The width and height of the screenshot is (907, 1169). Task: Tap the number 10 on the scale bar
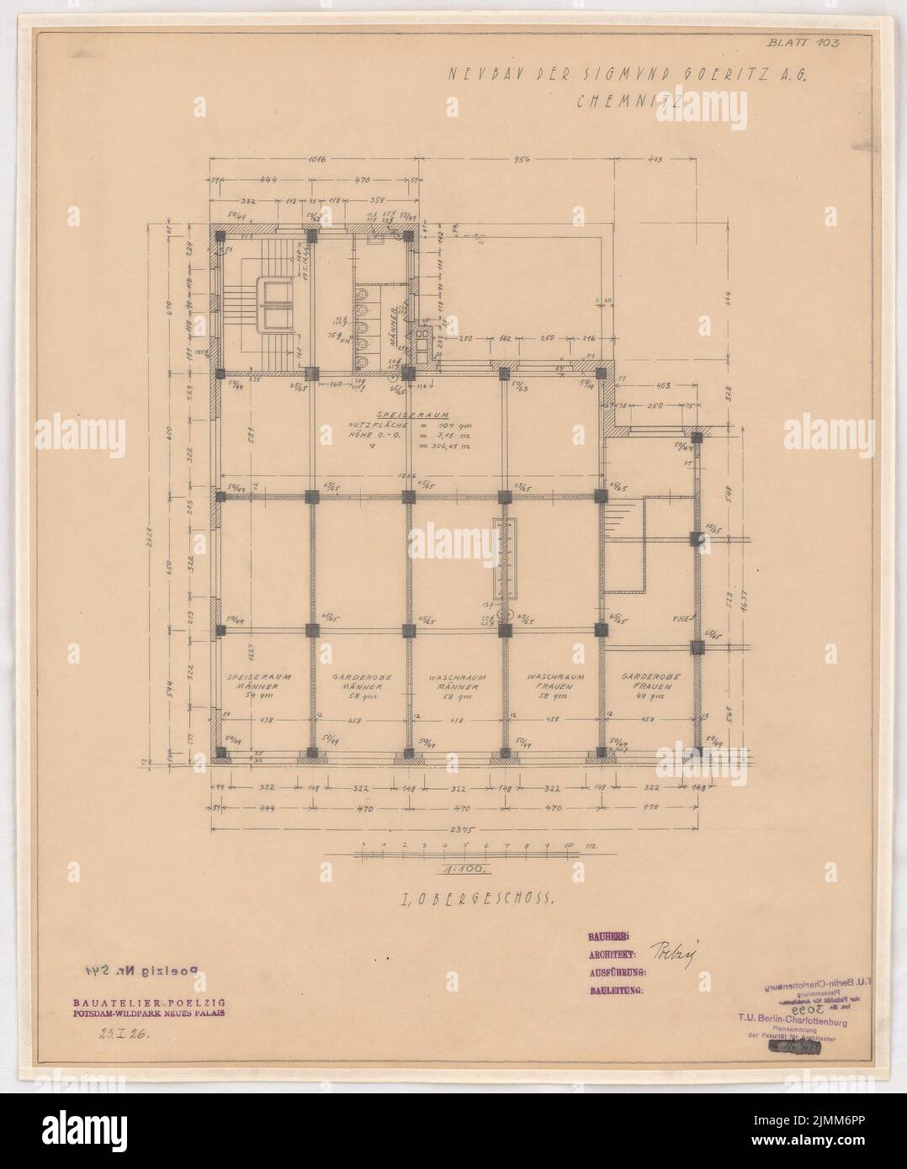click(x=568, y=845)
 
